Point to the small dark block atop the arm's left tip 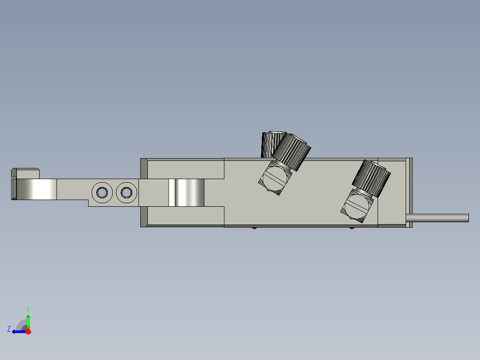[x=26, y=172]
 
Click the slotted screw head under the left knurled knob [x=274, y=179]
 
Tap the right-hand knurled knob [x=371, y=178]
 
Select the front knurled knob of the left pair [x=292, y=151]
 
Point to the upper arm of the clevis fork [x=185, y=168]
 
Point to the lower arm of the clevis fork [x=185, y=216]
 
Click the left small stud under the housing [x=254, y=228]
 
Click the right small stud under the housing [x=352, y=228]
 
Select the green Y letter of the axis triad [x=28, y=309]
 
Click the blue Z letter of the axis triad [x=9, y=329]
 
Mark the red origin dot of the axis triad [x=28, y=331]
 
